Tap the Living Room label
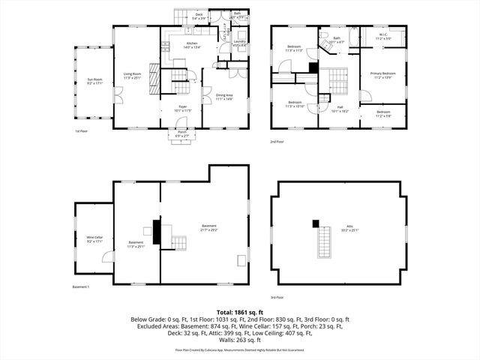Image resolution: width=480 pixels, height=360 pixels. pos(133,75)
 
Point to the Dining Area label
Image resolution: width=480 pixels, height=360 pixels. pos(224,97)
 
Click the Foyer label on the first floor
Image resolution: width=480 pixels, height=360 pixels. pos(182,109)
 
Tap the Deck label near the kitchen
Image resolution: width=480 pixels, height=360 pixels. pos(199,16)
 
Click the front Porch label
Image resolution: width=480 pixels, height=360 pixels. pos(182,133)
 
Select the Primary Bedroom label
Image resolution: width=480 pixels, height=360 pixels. pos(382,75)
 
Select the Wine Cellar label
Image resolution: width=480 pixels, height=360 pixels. pos(94,238)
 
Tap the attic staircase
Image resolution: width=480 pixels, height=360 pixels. pos(323,243)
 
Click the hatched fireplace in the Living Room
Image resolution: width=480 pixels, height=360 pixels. pos(155,78)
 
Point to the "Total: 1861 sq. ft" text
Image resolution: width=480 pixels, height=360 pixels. pos(239,311)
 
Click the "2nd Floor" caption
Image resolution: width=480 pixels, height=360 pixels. pos(277,141)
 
